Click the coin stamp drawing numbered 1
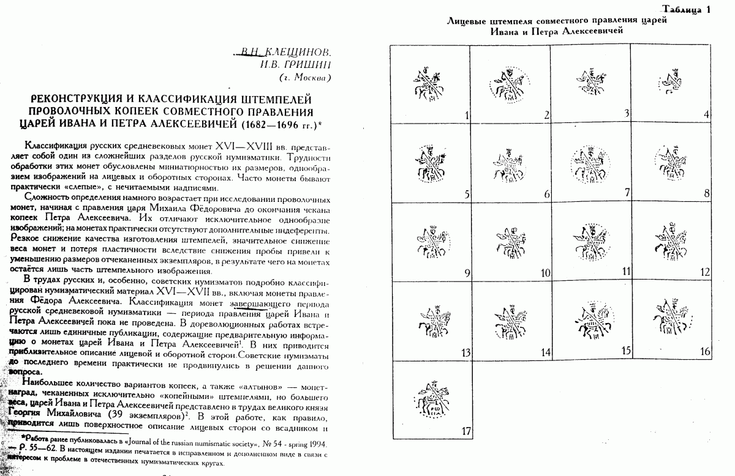click(x=426, y=85)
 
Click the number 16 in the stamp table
click(x=704, y=351)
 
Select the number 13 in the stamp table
click(x=466, y=352)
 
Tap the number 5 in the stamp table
click(x=467, y=196)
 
